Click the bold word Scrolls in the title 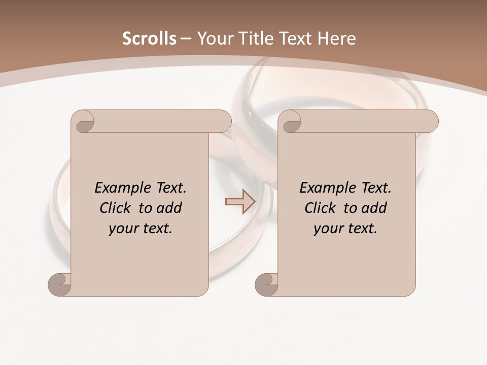(149, 39)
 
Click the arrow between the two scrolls (240, 201)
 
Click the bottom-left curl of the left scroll (60, 285)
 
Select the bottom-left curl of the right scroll (267, 285)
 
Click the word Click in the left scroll (115, 208)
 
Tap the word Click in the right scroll (320, 208)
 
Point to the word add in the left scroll (170, 208)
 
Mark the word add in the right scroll (375, 208)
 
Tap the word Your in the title (215, 39)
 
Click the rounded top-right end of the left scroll (224, 122)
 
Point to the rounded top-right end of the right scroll (431, 122)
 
